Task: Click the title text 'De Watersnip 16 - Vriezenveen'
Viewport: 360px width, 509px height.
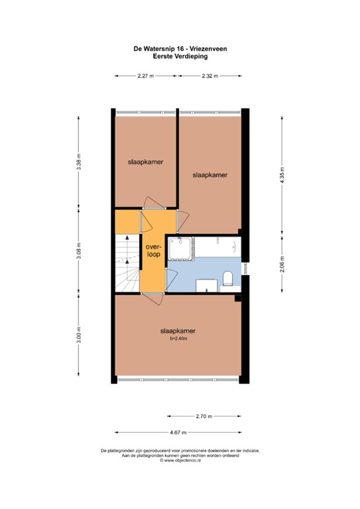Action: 180,49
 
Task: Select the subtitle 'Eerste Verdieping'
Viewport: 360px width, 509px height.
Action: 180,56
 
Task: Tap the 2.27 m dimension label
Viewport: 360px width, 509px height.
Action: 145,76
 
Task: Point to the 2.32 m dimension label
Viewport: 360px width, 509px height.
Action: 210,76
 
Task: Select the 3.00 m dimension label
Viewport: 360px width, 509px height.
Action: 79,336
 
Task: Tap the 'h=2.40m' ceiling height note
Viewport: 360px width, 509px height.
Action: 180,339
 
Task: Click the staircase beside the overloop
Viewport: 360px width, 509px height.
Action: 126,262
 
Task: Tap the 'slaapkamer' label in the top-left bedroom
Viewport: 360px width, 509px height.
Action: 145,161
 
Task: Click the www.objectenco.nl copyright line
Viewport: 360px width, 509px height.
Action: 180,459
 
